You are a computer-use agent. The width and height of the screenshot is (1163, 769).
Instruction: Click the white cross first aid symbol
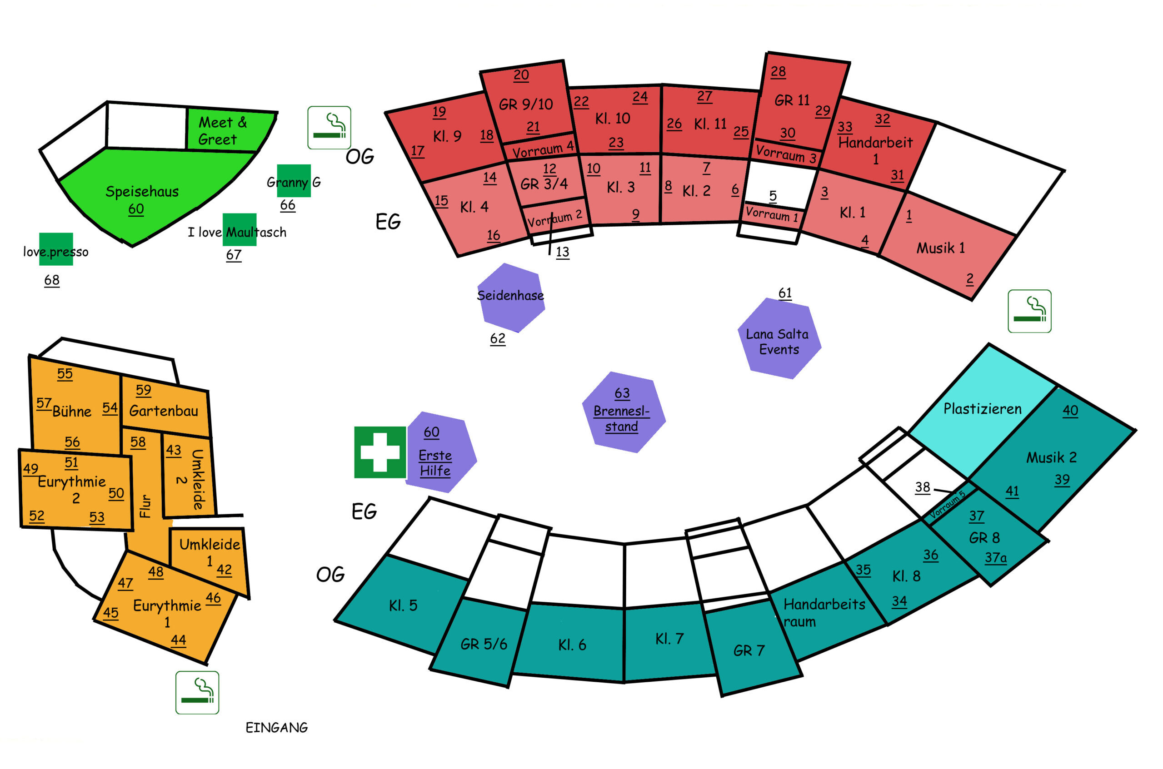pyautogui.click(x=380, y=452)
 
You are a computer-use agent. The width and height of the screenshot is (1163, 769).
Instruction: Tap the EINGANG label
pyautogui.click(x=276, y=728)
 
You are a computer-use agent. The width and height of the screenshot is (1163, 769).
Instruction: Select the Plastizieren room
pyautogui.click(x=982, y=408)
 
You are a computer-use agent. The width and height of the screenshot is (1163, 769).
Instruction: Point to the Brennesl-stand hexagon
pyautogui.click(x=622, y=412)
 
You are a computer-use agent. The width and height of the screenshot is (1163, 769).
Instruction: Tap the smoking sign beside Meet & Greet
pyautogui.click(x=329, y=128)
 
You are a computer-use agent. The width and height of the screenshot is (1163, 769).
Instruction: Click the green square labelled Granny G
pyautogui.click(x=294, y=181)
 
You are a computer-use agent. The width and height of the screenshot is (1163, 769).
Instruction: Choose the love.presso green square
pyautogui.click(x=56, y=250)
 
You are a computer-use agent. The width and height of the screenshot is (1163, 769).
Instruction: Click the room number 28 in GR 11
pyautogui.click(x=778, y=72)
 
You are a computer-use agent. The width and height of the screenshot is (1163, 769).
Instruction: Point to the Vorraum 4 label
pyautogui.click(x=542, y=149)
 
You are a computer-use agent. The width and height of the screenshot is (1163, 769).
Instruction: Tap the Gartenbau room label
pyautogui.click(x=164, y=411)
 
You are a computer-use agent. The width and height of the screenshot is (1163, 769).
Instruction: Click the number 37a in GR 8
pyautogui.click(x=995, y=558)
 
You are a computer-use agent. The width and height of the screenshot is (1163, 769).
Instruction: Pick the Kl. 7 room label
pyautogui.click(x=669, y=638)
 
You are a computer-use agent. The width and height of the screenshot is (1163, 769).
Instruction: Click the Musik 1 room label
pyautogui.click(x=940, y=248)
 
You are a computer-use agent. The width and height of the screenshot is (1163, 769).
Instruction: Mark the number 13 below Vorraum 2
pyautogui.click(x=562, y=252)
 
